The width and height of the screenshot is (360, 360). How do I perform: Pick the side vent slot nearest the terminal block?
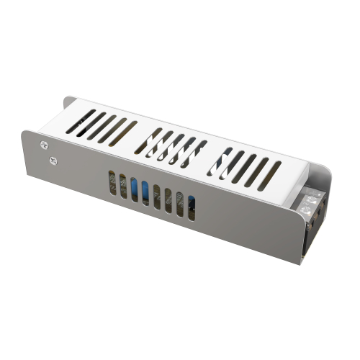(x=191, y=208)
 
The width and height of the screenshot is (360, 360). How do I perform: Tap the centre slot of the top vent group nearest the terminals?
(x=245, y=166)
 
